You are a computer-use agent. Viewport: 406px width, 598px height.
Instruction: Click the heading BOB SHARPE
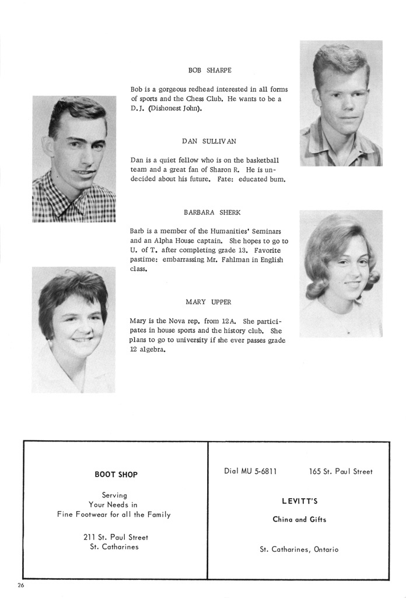pos(209,70)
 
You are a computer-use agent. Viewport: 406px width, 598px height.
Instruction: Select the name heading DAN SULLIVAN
pos(209,141)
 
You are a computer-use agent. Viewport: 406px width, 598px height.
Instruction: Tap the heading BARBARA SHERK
pos(209,212)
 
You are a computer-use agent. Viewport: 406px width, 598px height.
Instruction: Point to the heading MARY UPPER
pos(208,302)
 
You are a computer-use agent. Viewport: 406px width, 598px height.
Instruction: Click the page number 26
pos(22,585)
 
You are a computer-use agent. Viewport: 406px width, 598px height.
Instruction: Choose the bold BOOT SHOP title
pos(116,475)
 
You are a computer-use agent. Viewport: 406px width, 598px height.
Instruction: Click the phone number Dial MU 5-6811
pos(250,471)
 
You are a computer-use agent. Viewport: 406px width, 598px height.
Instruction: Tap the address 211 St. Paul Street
pos(116,537)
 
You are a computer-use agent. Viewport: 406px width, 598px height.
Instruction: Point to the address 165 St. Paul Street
pos(341,471)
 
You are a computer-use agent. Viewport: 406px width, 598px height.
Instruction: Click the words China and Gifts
pos(300,520)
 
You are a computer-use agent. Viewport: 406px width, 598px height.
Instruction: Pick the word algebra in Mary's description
pos(153,350)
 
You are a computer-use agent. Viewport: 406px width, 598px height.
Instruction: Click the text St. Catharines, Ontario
pos(299,550)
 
